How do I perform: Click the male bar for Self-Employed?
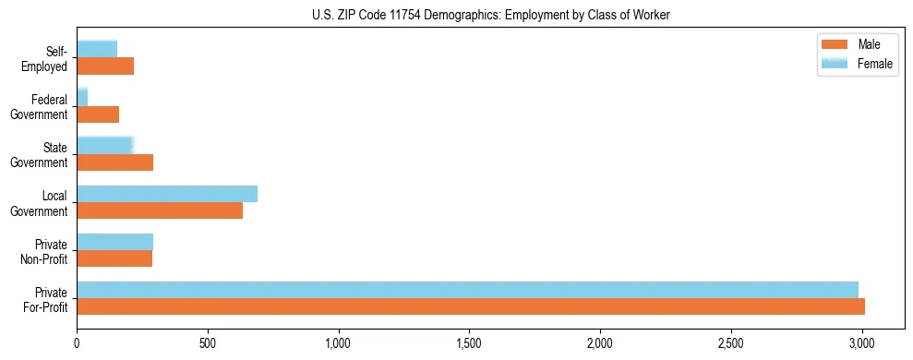(x=105, y=66)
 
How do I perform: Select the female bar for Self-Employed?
(x=97, y=50)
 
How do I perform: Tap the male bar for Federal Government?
(x=98, y=114)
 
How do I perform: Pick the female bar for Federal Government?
(x=82, y=98)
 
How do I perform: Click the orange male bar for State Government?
(x=114, y=162)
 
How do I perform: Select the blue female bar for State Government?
(x=105, y=146)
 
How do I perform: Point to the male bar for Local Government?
(x=160, y=210)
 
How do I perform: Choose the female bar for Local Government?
(x=167, y=194)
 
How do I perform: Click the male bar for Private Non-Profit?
(x=114, y=258)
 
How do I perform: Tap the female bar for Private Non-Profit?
(x=114, y=242)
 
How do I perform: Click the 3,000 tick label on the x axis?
(x=862, y=343)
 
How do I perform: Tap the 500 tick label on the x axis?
(x=208, y=343)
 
